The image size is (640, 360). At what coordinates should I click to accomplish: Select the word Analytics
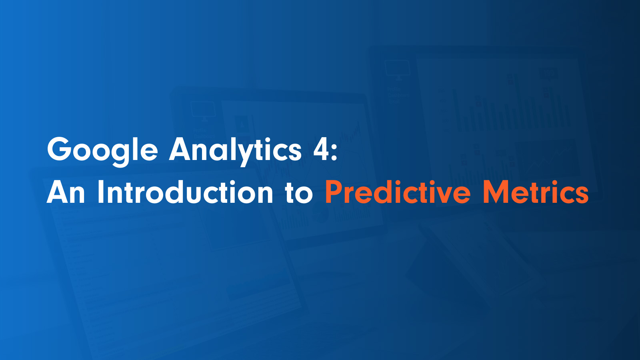coord(235,150)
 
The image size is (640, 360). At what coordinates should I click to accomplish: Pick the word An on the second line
coord(66,192)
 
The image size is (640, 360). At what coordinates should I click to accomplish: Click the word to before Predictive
coord(299,193)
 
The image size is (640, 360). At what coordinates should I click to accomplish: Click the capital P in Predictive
coord(334,192)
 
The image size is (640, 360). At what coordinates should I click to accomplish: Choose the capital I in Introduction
coord(100,192)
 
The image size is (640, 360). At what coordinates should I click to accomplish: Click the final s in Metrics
coord(582,196)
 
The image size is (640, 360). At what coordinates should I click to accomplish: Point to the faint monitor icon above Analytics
coord(203,110)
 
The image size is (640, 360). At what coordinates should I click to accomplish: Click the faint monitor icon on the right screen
coord(398,70)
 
